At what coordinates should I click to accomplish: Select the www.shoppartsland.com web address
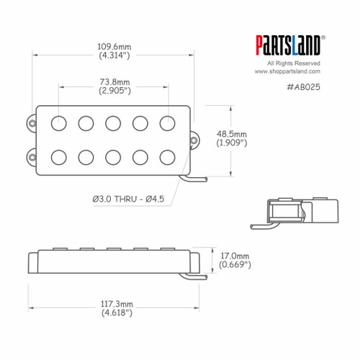pyautogui.click(x=287, y=71)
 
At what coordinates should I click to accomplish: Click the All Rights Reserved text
pyautogui.click(x=287, y=63)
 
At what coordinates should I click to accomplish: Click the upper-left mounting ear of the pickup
pyautogui.click(x=32, y=124)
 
